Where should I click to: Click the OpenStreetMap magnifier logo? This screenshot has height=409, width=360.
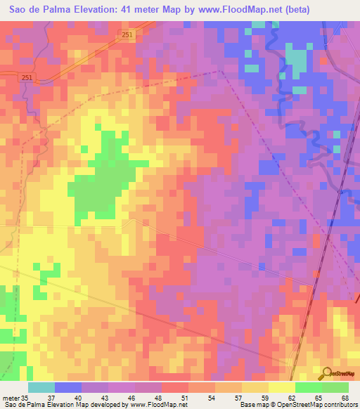[x=327, y=373]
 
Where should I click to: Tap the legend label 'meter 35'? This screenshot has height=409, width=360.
[x=15, y=398]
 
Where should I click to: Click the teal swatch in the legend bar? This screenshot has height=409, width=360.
[x=41, y=387]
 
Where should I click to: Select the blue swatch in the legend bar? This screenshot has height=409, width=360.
[x=68, y=387]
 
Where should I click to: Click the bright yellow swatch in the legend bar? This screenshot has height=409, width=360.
[x=282, y=387]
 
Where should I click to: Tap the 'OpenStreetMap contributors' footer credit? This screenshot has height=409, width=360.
[x=309, y=405]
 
